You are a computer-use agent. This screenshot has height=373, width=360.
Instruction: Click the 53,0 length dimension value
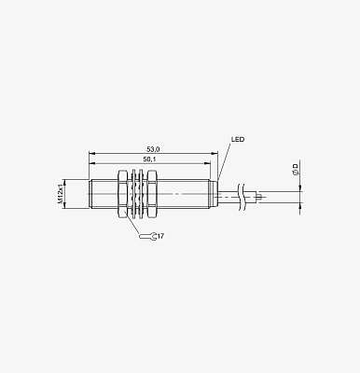point(153,149)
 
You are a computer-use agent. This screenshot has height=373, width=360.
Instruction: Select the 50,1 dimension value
point(149,159)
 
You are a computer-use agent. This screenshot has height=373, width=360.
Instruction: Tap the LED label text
point(238,139)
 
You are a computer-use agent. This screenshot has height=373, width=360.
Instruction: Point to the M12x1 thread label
point(61,194)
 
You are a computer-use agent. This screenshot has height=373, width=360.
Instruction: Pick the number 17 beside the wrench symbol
point(160,237)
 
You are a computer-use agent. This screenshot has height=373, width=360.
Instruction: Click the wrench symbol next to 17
point(148,237)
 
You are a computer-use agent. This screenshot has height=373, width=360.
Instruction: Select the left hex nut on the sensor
point(122,194)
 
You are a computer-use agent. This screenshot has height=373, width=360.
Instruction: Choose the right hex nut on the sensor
point(151,194)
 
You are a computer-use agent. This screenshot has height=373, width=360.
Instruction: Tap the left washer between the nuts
point(133,194)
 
